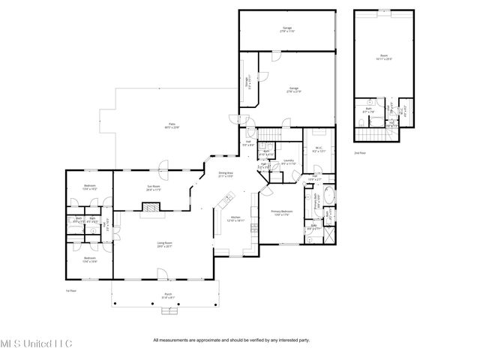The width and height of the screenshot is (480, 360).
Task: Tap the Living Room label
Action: pyautogui.click(x=164, y=244)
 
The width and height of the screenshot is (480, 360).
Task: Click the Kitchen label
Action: pyautogui.click(x=235, y=219)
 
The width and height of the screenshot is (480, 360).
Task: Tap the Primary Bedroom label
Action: pyautogui.click(x=281, y=214)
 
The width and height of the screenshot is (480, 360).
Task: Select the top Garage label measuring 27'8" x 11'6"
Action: pyautogui.click(x=285, y=28)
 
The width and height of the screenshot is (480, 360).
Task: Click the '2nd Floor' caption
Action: pyautogui.click(x=359, y=152)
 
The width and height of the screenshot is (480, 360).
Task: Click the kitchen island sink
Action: pyautogui.click(x=225, y=201)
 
